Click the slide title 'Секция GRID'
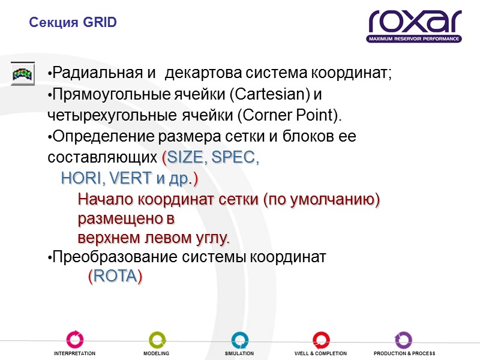[73, 23]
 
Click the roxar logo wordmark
[415, 22]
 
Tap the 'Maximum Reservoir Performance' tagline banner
[415, 39]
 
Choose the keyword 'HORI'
[82, 179]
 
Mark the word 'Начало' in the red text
[104, 199]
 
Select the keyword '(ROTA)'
[115, 277]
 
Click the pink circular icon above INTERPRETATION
[74, 340]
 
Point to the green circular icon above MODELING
[157, 340]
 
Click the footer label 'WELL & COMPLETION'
[320, 354]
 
